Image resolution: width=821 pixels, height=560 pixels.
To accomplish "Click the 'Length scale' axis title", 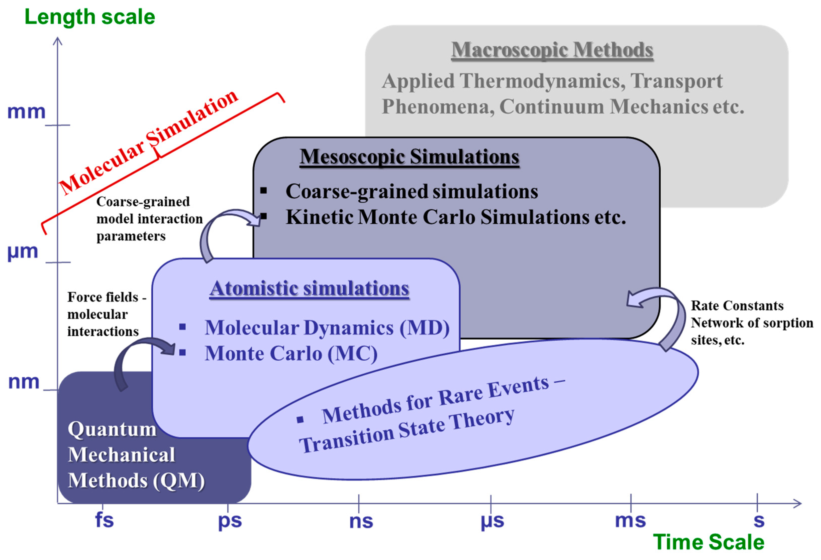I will (x=90, y=17).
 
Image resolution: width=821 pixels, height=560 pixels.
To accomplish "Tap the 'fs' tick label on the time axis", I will (x=104, y=520).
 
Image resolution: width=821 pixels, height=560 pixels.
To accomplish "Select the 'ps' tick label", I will (x=230, y=521).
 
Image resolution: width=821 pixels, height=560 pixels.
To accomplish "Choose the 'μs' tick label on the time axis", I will (x=492, y=521).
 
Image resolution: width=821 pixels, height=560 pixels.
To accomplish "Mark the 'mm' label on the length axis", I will (x=27, y=112).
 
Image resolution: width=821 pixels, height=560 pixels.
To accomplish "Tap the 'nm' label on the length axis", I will (x=24, y=382).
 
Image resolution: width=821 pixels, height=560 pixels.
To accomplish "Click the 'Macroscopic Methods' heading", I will (x=552, y=50).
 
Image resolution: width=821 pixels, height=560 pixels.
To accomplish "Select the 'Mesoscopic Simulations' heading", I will (x=409, y=157).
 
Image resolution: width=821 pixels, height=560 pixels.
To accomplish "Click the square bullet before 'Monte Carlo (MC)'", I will (x=182, y=352).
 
